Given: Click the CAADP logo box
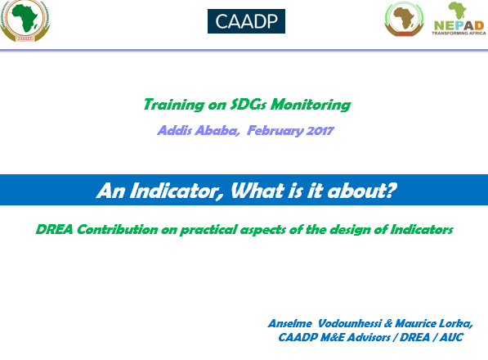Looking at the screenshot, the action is [246, 21].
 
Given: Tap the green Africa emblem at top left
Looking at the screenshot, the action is [25, 21].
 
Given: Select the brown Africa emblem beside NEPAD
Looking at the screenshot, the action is [404, 19].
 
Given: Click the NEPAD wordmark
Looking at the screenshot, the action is [459, 25].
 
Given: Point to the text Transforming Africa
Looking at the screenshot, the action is [459, 33].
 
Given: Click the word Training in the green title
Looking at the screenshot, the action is [174, 105].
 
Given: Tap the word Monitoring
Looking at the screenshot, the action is [311, 105].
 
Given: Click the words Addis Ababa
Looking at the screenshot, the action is [199, 130].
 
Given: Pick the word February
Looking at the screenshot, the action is [275, 131].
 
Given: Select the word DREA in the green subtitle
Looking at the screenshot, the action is [55, 230].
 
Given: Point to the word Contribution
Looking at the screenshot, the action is [118, 230].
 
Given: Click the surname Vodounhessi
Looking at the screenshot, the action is [350, 323].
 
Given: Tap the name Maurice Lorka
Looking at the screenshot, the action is [434, 324].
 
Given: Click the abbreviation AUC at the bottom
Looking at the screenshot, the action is [451, 337].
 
